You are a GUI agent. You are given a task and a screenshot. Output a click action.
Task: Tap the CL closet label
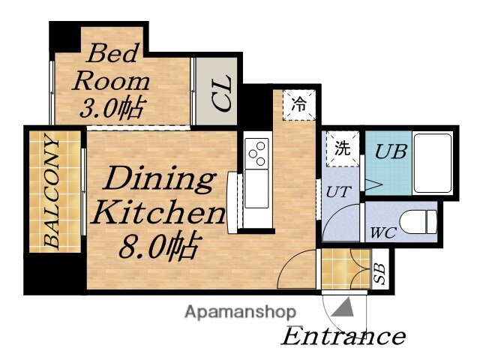[222, 93]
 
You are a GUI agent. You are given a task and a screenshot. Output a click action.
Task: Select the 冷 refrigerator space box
[298, 105]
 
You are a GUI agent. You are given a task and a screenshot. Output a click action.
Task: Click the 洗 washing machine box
[343, 149]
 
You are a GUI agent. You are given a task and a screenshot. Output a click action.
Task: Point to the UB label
[391, 151]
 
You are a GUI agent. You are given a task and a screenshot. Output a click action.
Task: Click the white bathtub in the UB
[433, 163]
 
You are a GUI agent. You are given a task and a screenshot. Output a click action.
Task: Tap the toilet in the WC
[418, 222]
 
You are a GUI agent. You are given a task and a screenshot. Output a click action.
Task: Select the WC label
[384, 232]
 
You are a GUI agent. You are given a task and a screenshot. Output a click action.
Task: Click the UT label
[338, 192]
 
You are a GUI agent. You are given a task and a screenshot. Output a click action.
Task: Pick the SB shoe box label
[379, 273]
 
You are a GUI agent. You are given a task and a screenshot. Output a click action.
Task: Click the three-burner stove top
[256, 153]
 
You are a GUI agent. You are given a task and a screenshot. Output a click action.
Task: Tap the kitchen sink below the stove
[256, 188]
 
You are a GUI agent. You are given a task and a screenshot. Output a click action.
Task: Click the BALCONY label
[52, 190]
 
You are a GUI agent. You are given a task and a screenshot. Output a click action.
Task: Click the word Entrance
[343, 336]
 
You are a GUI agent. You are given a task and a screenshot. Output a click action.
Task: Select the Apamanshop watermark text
[240, 313]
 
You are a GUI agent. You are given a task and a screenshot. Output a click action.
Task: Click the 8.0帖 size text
[160, 247]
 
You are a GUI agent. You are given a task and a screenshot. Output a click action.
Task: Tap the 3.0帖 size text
[112, 108]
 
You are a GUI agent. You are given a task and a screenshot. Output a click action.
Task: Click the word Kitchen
[159, 211]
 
